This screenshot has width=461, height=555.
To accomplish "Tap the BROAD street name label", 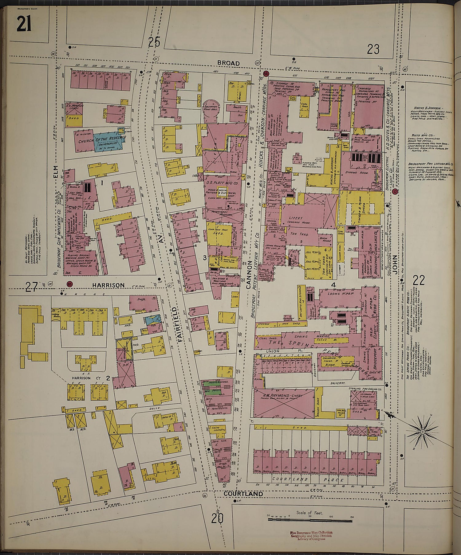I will (x=228, y=63).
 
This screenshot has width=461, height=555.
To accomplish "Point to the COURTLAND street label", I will (x=243, y=494).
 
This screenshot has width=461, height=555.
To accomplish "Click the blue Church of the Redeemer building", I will (x=107, y=142).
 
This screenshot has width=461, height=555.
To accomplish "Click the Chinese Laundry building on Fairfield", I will (x=218, y=430).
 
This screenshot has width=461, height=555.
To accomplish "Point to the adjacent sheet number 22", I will (x=419, y=280).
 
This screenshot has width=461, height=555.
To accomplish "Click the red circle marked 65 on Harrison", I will (x=70, y=284).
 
